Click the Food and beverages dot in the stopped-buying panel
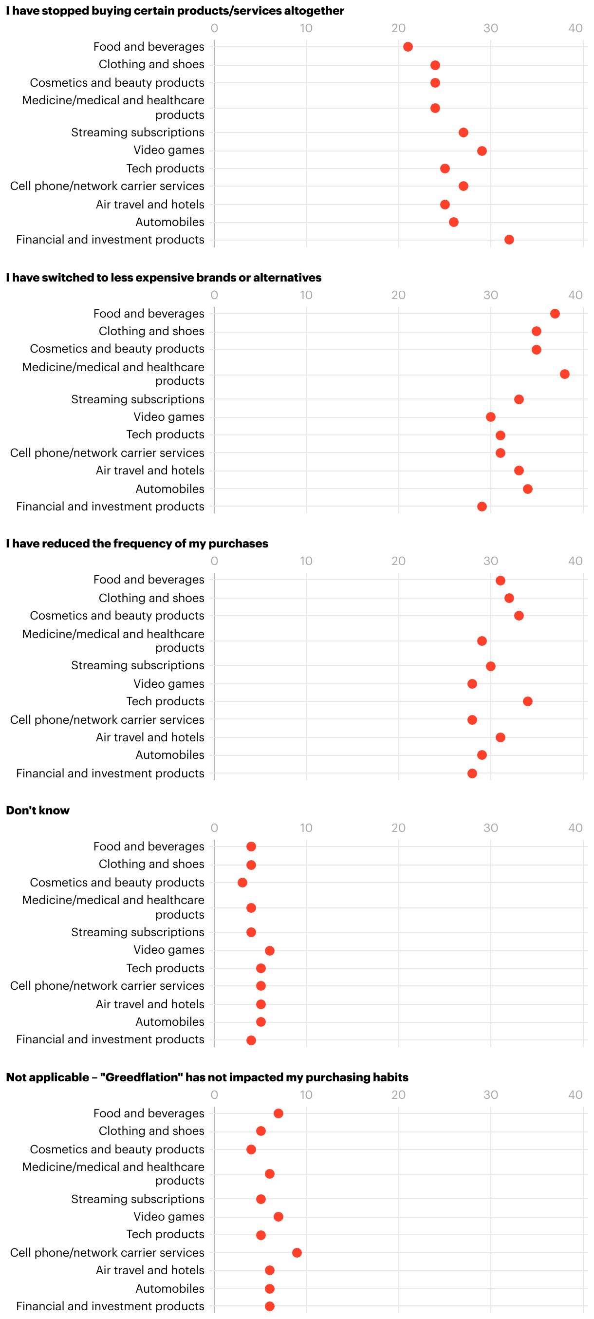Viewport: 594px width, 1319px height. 408,47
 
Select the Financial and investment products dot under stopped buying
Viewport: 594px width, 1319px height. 509,240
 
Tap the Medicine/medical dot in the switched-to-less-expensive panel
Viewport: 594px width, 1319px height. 564,374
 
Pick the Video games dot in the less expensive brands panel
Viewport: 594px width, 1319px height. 491,417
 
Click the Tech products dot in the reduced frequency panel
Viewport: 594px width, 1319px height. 527,701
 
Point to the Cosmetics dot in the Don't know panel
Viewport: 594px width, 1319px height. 242,883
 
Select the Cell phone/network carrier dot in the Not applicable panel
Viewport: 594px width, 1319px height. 297,1252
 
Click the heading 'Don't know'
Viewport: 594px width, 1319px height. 38,810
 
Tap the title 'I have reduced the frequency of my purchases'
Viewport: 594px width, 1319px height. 137,544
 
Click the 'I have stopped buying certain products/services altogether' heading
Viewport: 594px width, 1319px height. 175,11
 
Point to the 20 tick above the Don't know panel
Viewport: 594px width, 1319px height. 399,828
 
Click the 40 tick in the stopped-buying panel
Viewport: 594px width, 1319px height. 575,28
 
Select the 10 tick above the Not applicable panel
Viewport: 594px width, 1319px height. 306,1095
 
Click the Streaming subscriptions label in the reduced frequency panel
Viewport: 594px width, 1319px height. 138,665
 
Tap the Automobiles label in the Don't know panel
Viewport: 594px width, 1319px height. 170,1021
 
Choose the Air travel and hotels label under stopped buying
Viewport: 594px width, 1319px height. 150,204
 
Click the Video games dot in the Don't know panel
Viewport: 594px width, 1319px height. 270,951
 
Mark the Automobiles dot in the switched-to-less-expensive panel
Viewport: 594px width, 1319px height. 527,489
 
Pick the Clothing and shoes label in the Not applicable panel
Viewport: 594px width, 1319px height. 151,1131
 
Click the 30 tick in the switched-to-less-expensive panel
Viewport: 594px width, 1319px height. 491,295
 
